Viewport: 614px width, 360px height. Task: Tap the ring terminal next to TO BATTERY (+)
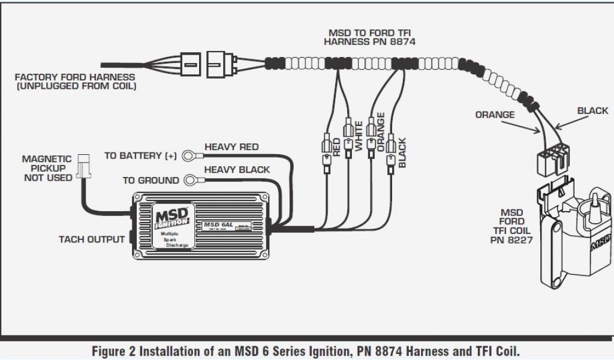click(x=191, y=155)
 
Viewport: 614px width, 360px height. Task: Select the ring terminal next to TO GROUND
click(x=191, y=179)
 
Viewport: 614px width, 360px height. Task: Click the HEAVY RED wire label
click(x=231, y=146)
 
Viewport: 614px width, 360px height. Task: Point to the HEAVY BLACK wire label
click(x=237, y=170)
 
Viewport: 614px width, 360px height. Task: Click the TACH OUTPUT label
click(x=92, y=239)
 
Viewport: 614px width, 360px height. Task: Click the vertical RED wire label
click(x=336, y=148)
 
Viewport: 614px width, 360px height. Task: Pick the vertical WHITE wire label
click(x=359, y=136)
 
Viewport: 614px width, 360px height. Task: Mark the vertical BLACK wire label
click(x=402, y=152)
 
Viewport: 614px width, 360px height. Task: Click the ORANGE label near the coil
click(x=495, y=115)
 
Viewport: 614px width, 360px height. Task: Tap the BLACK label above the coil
click(x=592, y=110)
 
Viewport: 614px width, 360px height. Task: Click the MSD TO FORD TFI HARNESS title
click(x=369, y=37)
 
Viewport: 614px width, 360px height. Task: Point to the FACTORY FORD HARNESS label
click(x=76, y=82)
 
